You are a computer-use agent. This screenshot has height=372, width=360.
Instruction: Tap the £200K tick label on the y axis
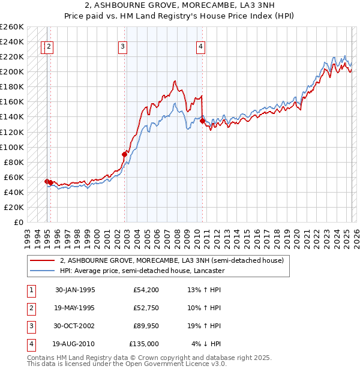coord(12,71)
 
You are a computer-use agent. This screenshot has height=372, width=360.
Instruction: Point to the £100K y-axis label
coord(12,147)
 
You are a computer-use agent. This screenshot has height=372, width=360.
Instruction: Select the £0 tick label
coord(19,222)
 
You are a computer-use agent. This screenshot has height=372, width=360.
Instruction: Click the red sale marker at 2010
coord(202,121)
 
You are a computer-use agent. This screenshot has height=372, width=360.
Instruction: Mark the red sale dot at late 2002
coord(125,154)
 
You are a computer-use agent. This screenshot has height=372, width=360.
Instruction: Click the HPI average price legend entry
coord(142,271)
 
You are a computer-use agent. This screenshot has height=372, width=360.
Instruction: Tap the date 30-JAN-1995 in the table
coord(75,290)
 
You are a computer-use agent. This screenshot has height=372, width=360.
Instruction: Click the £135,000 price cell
coord(144,344)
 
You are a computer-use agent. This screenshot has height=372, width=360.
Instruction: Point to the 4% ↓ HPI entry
coord(206,344)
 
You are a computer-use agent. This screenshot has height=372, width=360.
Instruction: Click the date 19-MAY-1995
coord(75,308)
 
